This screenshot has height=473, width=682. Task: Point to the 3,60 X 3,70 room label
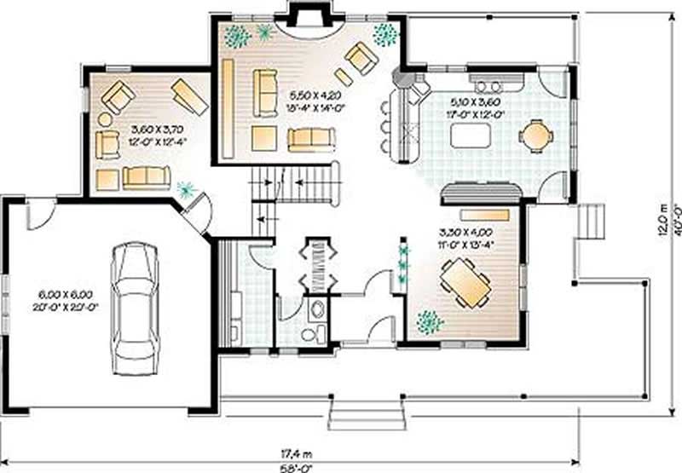click(x=154, y=136)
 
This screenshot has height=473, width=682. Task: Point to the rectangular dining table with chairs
click(x=466, y=284)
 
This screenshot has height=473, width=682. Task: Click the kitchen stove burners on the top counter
click(x=489, y=84)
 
